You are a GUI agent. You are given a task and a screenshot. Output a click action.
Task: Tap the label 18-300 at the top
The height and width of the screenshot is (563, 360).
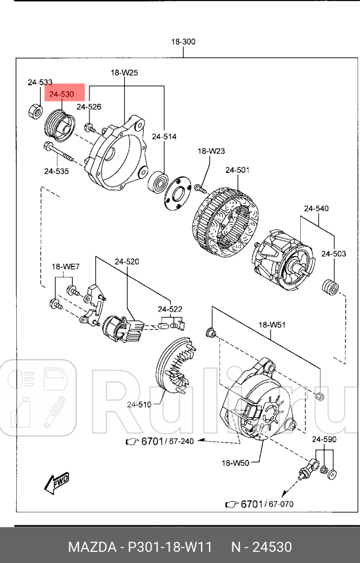(x=183, y=42)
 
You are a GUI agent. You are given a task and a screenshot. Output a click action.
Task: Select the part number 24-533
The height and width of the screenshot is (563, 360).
(x=40, y=82)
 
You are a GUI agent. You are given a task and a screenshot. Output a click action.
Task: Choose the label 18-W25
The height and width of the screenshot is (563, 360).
(x=124, y=73)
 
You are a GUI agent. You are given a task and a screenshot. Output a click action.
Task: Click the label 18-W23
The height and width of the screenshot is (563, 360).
(x=211, y=151)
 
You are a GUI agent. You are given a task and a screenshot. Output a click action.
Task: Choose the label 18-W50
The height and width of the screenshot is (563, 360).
(x=235, y=463)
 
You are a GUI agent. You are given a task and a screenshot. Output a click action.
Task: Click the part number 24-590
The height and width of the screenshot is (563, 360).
(x=324, y=439)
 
